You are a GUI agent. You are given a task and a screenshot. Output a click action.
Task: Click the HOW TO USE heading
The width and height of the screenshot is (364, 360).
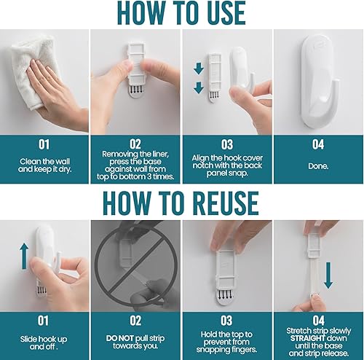[181, 14]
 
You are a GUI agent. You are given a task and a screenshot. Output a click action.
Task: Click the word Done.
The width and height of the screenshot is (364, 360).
[318, 165]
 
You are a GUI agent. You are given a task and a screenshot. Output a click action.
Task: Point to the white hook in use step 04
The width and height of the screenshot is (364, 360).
[318, 80]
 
